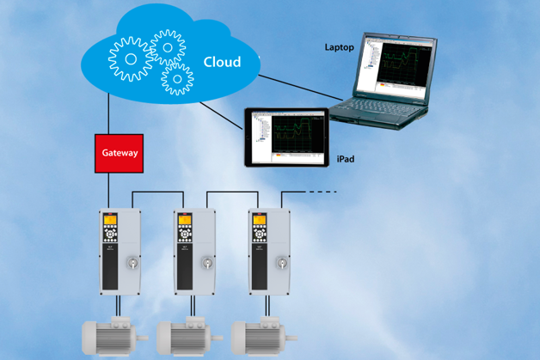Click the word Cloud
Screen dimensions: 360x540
tap(222, 62)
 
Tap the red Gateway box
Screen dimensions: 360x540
tap(120, 153)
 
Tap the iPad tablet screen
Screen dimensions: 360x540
tap(285, 136)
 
